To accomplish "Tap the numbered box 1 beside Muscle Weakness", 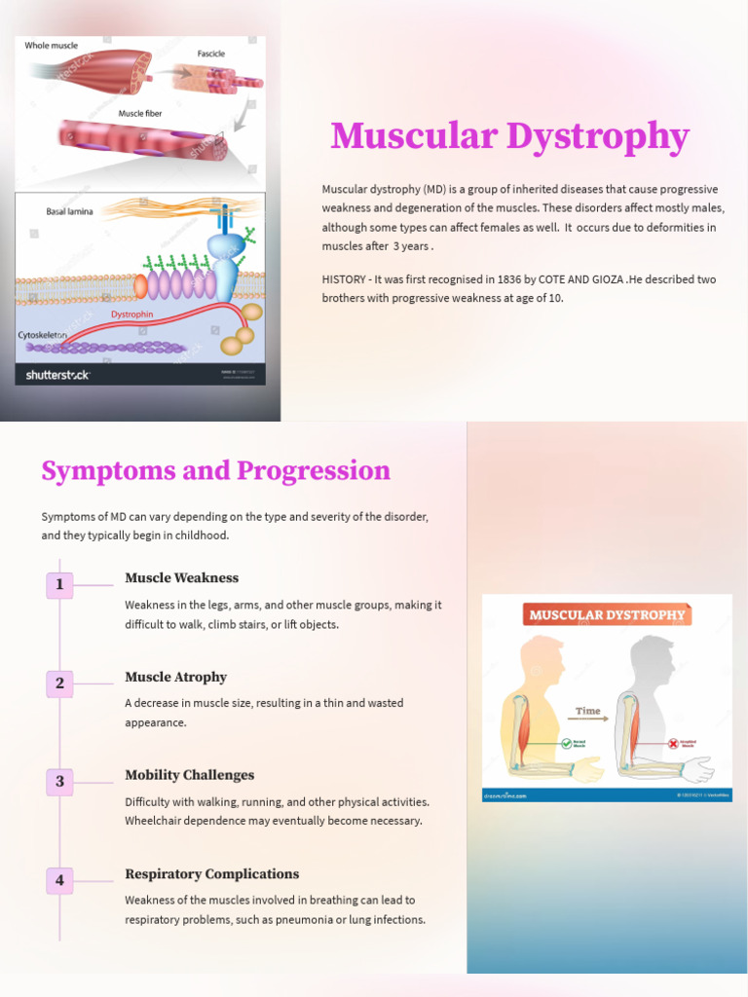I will pyautogui.click(x=59, y=585).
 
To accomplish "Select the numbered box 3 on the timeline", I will pyautogui.click(x=59, y=782).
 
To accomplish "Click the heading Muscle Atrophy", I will pyautogui.click(x=175, y=678).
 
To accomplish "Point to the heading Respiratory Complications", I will pyautogui.click(x=211, y=874).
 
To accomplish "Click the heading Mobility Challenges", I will pyautogui.click(x=189, y=776).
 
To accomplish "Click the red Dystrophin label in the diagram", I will pyautogui.click(x=131, y=314).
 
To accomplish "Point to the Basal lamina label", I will pyautogui.click(x=69, y=211).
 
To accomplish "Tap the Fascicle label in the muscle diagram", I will pyautogui.click(x=210, y=55).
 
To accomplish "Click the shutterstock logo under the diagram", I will pyautogui.click(x=57, y=374).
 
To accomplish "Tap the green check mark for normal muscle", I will pyautogui.click(x=566, y=743).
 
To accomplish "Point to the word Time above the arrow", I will pyautogui.click(x=587, y=711).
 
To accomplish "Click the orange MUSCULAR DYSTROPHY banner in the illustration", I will pyautogui.click(x=607, y=615).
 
